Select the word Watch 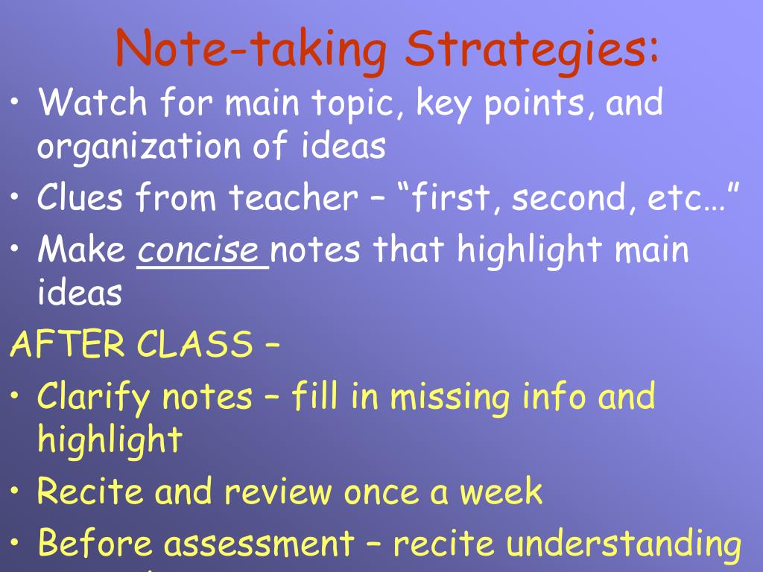click(x=89, y=102)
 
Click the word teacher click(x=292, y=197)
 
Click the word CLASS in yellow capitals click(x=194, y=345)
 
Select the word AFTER click(x=68, y=345)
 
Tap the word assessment click(x=259, y=544)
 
